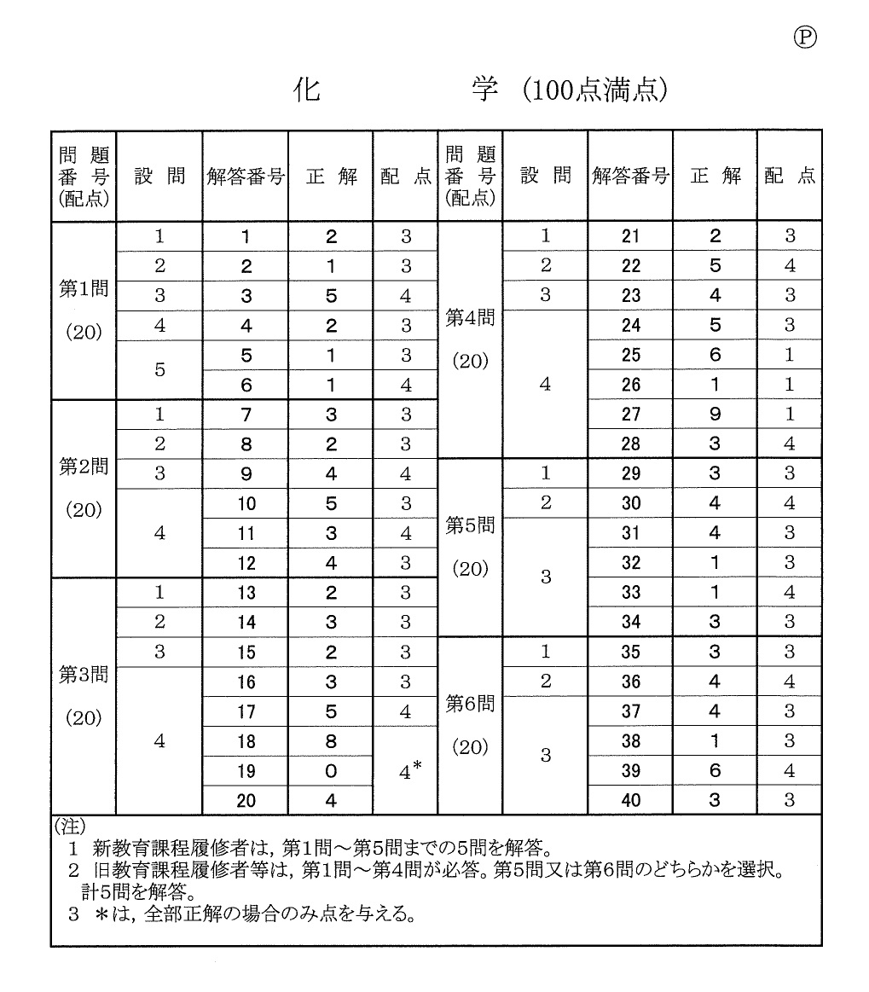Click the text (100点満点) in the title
tap(594, 90)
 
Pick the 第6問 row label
tap(470, 705)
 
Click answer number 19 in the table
tap(246, 771)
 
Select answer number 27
tap(631, 415)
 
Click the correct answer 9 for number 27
tap(715, 415)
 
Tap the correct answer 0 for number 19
tap(330, 771)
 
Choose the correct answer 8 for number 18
tap(330, 742)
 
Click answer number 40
tap(631, 800)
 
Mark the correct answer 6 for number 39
tap(715, 771)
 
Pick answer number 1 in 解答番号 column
tap(246, 237)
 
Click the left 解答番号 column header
tap(246, 177)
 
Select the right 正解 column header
tap(715, 177)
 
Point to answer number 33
tap(631, 592)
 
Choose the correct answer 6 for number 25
tap(715, 355)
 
